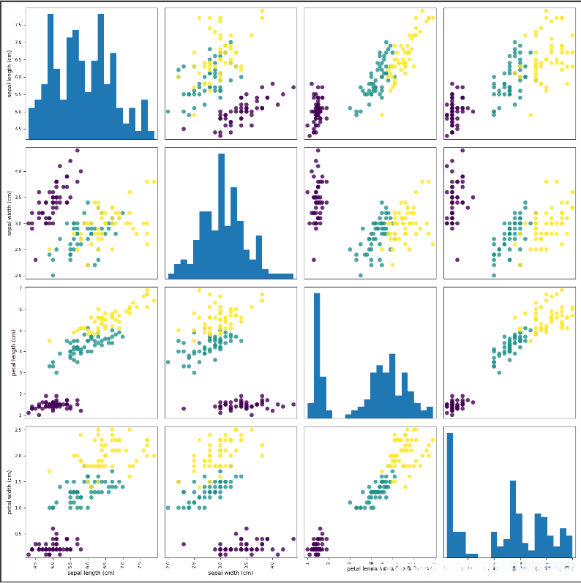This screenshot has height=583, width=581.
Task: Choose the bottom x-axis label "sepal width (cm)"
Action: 230,573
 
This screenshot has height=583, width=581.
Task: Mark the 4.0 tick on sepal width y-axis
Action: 20,171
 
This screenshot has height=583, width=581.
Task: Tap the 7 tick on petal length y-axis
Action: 22,289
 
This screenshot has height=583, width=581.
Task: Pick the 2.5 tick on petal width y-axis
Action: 20,429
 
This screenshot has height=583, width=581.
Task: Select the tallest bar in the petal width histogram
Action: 449,494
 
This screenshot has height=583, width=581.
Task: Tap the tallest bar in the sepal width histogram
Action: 222,216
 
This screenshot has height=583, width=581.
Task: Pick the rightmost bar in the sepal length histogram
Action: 151,135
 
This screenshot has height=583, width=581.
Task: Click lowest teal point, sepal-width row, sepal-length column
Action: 53,275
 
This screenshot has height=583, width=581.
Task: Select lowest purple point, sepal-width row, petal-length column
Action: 313,260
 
